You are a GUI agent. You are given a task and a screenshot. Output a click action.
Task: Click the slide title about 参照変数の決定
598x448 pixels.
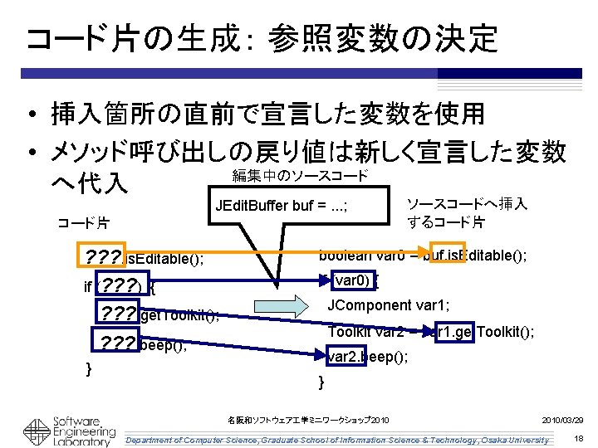tap(262, 37)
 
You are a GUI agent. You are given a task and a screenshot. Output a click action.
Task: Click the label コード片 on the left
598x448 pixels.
tap(82, 223)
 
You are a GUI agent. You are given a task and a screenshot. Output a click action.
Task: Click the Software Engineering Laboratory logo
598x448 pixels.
tap(62, 430)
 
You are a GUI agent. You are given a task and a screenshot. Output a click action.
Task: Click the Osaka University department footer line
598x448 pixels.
tap(336, 439)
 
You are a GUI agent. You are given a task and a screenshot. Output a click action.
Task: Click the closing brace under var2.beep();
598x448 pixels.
tap(321, 382)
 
